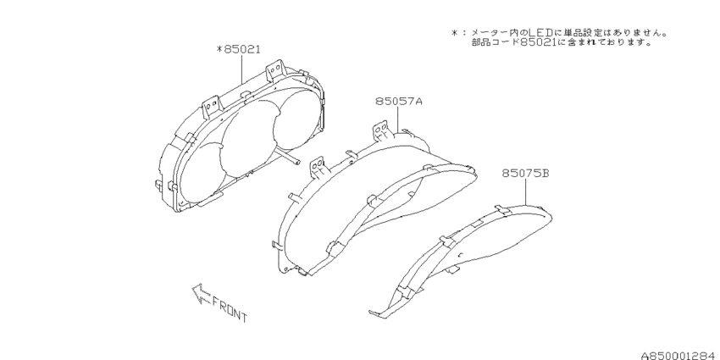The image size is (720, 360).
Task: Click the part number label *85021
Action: [238, 49]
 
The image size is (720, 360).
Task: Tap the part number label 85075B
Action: [525, 173]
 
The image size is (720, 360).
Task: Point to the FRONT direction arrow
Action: [201, 294]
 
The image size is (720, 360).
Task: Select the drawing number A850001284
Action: [679, 356]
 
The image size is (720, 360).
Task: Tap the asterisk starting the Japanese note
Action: [454, 33]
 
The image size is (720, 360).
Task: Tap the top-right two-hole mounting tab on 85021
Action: [274, 69]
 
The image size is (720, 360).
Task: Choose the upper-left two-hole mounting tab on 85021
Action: [212, 105]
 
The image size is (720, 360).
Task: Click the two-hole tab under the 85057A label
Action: [380, 129]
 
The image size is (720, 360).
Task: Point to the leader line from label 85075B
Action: [526, 192]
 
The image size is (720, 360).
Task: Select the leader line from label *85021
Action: [242, 69]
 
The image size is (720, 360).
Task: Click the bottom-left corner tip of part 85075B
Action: [370, 313]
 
